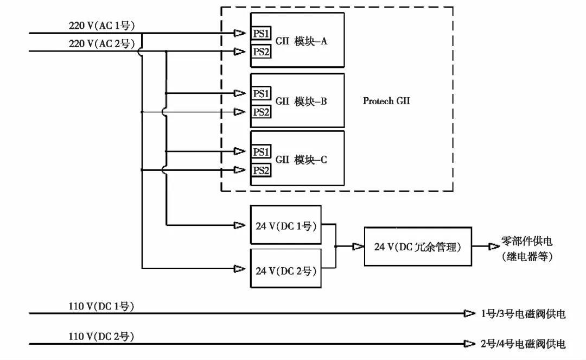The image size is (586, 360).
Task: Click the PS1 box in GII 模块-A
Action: (261, 34)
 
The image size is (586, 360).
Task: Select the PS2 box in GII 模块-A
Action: (261, 52)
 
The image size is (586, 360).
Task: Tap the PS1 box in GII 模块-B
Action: (261, 93)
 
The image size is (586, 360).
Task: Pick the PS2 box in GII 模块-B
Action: (261, 112)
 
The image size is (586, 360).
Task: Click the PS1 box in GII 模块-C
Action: (261, 151)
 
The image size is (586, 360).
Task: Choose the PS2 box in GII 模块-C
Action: (261, 170)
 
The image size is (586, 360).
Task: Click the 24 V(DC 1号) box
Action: (285, 225)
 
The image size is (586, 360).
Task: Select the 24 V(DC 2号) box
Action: (285, 269)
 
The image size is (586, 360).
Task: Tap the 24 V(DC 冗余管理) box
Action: (417, 247)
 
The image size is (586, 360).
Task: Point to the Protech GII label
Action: (386, 101)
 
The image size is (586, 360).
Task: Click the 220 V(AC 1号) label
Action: (101, 26)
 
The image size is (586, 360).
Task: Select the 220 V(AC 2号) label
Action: (101, 44)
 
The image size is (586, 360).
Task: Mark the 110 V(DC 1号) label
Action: (101, 306)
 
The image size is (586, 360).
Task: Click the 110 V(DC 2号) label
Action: (101, 337)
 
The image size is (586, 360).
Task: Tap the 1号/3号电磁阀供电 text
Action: (523, 314)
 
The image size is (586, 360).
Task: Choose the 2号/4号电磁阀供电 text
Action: (523, 344)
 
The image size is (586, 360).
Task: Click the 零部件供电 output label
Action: (526, 242)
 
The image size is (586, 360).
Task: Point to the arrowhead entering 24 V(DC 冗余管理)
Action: (358, 247)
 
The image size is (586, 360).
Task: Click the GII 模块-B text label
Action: (301, 102)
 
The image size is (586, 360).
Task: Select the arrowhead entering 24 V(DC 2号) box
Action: (239, 268)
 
